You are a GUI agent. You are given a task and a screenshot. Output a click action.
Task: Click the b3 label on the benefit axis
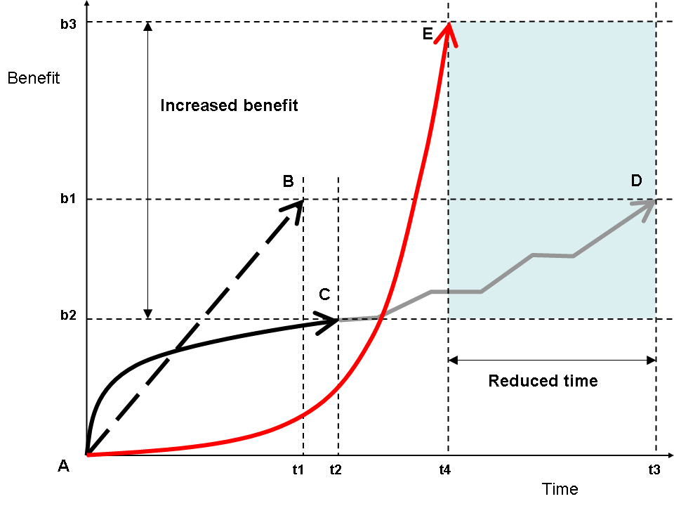[x=68, y=22]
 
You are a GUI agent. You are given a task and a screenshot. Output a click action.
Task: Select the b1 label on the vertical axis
[x=68, y=199]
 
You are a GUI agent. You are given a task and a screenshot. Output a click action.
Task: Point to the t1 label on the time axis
[x=298, y=469]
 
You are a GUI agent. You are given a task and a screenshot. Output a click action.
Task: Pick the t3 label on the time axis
[x=654, y=469]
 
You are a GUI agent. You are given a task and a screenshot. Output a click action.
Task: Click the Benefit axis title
[x=34, y=78]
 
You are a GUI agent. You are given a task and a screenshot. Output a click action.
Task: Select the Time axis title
[x=560, y=489]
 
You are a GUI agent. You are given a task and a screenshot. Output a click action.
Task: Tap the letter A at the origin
[x=64, y=466]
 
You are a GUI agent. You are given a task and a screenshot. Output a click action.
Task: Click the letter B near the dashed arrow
[x=288, y=181]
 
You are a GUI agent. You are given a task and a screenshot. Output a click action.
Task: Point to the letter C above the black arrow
[x=324, y=294]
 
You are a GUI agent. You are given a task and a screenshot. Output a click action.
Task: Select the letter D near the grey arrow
[x=636, y=181]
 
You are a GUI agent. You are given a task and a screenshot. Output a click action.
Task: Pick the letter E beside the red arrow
[x=428, y=34]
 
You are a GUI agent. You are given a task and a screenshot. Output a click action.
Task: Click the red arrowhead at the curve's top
[x=447, y=32]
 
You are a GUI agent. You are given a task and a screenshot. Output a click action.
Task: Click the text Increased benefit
[x=230, y=105]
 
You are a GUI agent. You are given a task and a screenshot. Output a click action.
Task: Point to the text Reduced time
[x=543, y=381]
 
